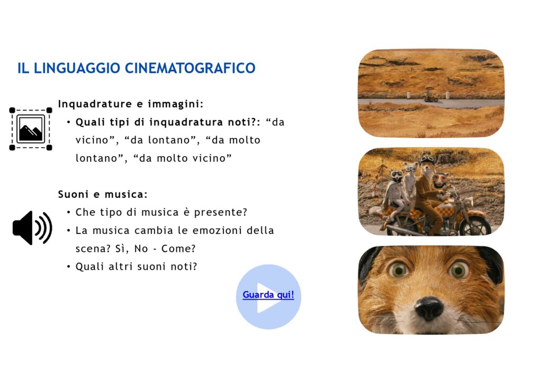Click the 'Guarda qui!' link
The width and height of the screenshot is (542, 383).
(x=268, y=295)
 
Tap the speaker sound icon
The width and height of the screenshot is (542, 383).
(x=32, y=228)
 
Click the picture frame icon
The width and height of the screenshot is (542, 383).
(x=31, y=129)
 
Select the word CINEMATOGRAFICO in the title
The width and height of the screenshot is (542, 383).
(x=190, y=68)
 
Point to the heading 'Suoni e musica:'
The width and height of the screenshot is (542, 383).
(x=103, y=195)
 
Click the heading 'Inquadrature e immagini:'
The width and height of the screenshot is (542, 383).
(x=131, y=104)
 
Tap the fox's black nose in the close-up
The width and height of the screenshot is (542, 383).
(x=429, y=308)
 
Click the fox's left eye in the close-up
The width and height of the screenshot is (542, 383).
(x=399, y=270)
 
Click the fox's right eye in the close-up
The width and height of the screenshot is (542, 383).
(x=459, y=270)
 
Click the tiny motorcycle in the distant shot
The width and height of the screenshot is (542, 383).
(x=431, y=97)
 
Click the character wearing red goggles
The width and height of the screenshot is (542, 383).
(x=440, y=182)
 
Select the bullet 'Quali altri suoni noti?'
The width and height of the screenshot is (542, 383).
(x=136, y=267)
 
